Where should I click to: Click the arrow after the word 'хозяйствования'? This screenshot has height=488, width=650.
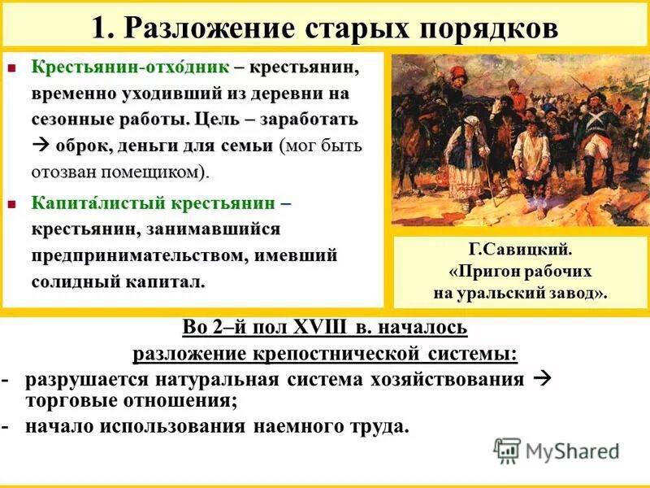(x=544, y=379)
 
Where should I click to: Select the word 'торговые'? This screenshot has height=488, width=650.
(x=68, y=399)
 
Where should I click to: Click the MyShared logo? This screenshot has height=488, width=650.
(x=557, y=450)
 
